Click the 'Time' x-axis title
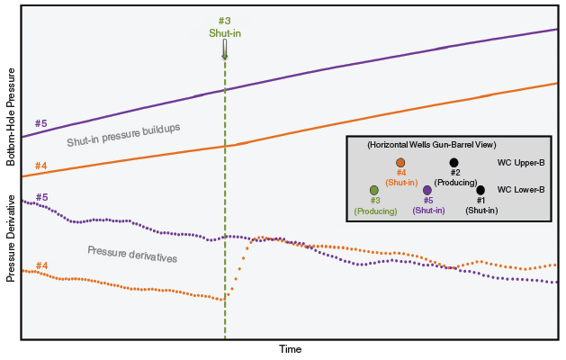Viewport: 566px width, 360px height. [x=290, y=349]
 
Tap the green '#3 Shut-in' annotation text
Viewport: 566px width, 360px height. [x=225, y=27]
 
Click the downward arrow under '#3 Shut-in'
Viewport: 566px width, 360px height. [x=225, y=51]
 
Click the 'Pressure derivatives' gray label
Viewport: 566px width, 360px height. [x=132, y=253]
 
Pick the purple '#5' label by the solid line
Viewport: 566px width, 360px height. [x=40, y=122]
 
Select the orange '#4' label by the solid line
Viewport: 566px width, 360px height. [x=40, y=166]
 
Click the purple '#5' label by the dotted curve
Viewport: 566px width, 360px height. [x=41, y=197]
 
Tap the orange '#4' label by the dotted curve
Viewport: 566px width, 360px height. [x=41, y=265]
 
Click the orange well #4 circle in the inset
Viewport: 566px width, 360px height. [x=400, y=163]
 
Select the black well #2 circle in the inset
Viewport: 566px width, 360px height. [x=454, y=163]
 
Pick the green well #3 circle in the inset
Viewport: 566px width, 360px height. [x=374, y=190]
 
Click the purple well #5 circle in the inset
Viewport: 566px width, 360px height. [x=427, y=190]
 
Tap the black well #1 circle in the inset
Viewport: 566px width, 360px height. [x=481, y=190]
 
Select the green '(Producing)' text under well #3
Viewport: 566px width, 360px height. [x=374, y=211]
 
